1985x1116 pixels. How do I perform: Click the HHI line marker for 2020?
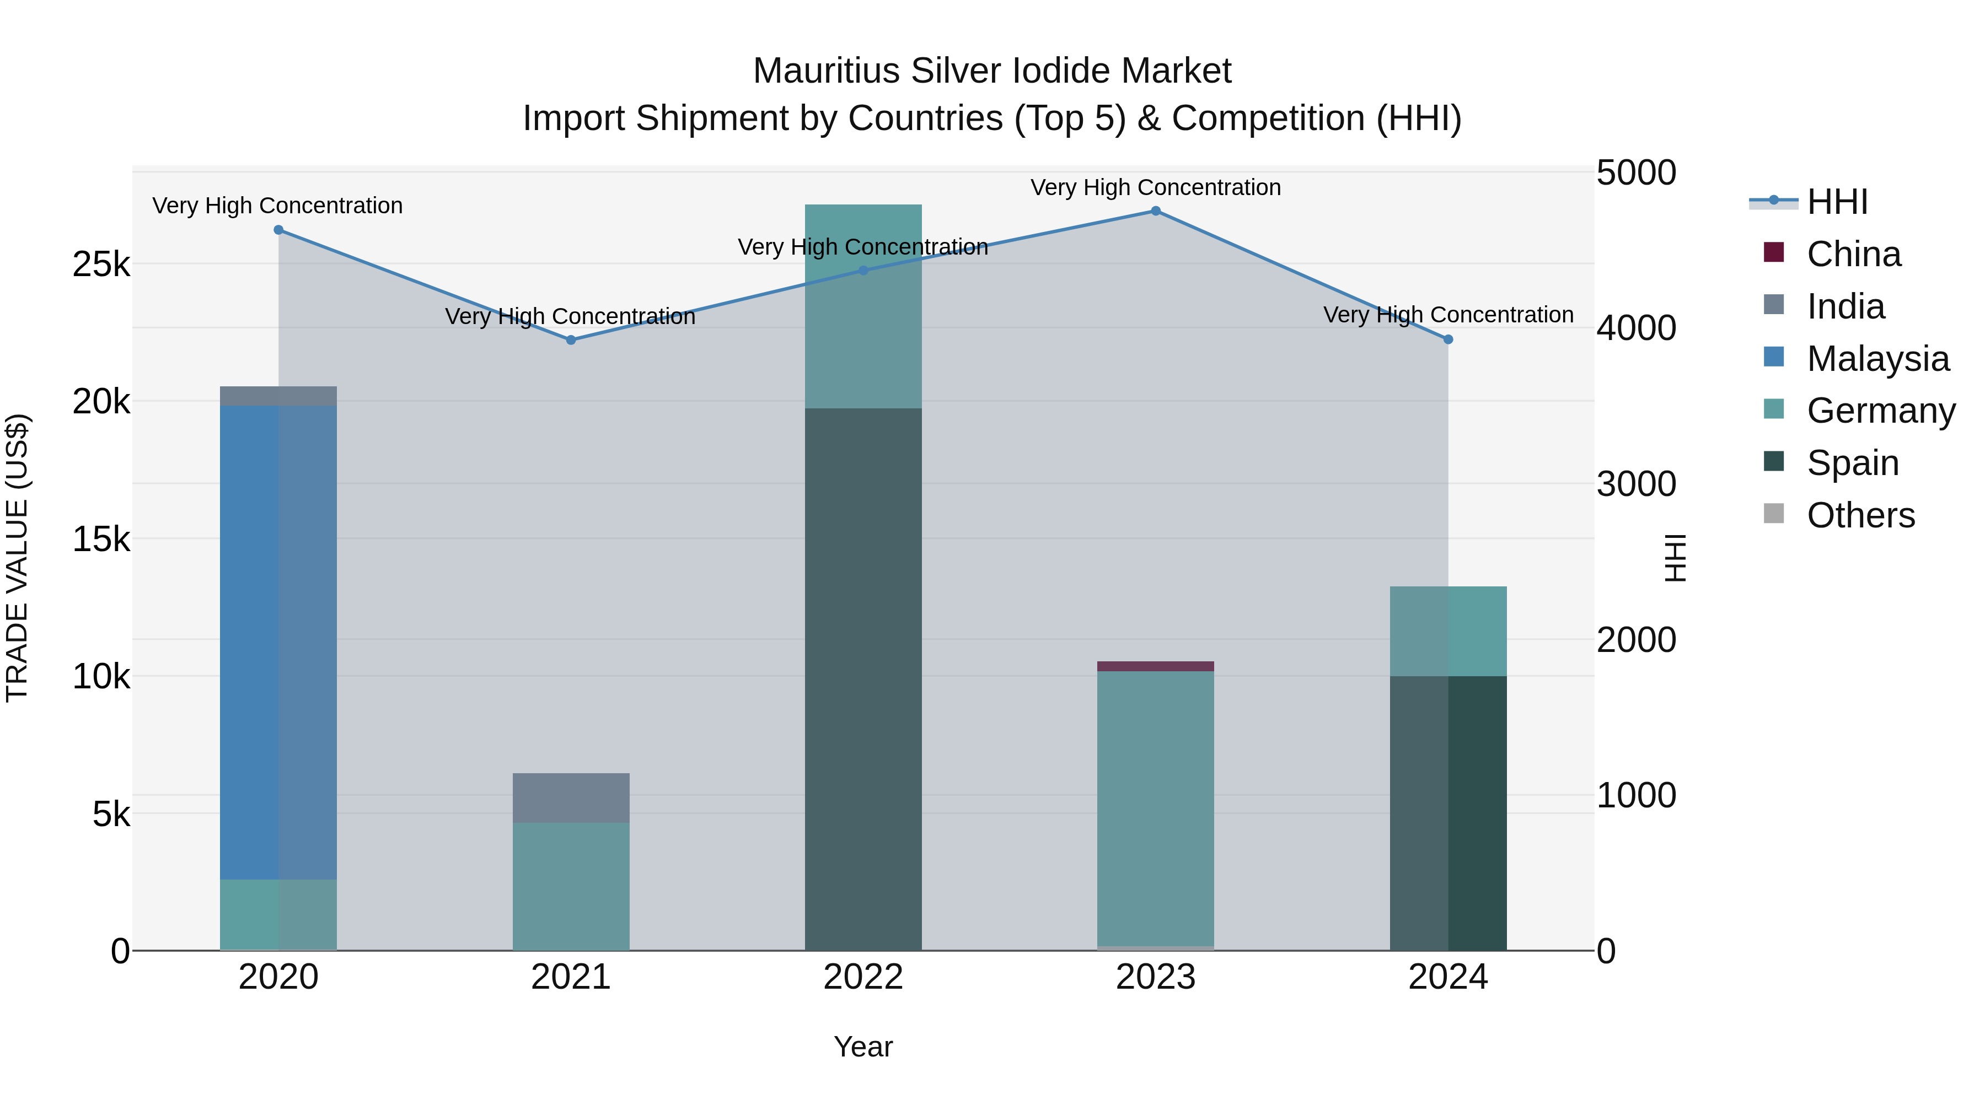[x=279, y=229]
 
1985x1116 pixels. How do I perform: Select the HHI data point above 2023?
[x=1156, y=211]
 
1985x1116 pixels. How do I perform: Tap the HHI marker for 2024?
[x=1448, y=339]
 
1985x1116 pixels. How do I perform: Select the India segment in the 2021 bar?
[x=571, y=798]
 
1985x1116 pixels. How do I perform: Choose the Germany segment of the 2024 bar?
[x=1448, y=632]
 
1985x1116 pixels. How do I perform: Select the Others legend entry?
[x=1860, y=515]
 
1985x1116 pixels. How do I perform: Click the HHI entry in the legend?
[x=1837, y=202]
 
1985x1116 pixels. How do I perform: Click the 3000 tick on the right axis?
[x=1636, y=484]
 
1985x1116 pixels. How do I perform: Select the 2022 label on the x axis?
[x=863, y=977]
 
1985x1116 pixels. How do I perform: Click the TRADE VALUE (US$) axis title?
[x=17, y=558]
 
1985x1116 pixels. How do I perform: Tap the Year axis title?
[x=863, y=1047]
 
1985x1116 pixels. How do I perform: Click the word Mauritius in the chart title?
[x=826, y=71]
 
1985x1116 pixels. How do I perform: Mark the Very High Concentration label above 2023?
[x=1156, y=187]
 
